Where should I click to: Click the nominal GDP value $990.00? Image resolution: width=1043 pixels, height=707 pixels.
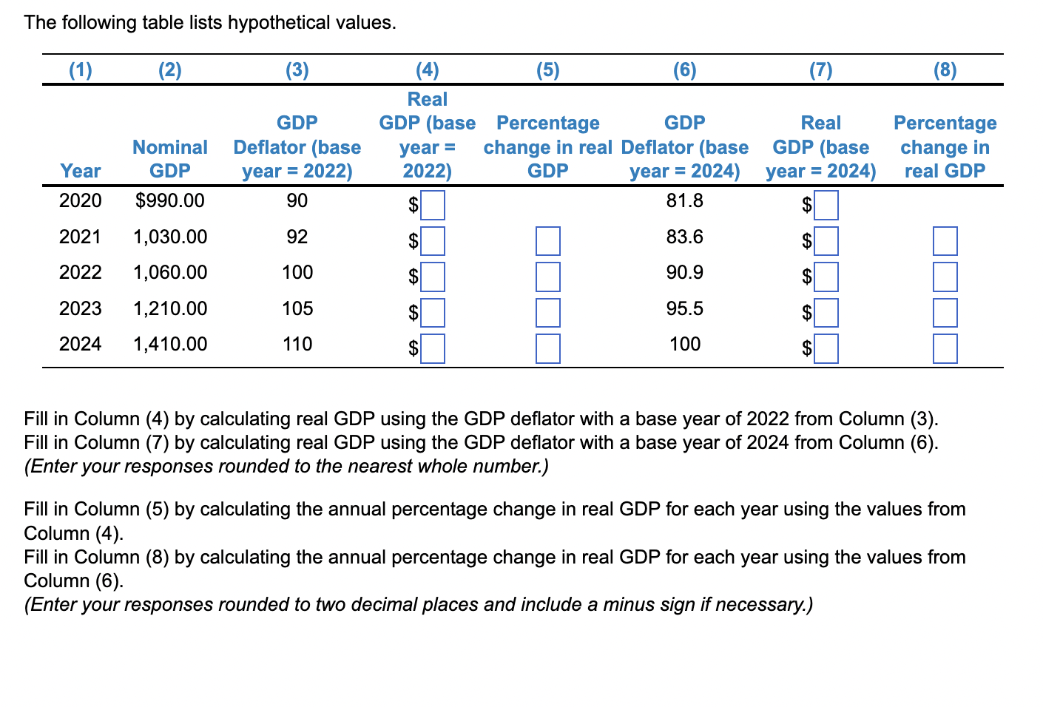[x=169, y=200]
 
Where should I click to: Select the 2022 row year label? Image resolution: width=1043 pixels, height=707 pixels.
[x=80, y=272]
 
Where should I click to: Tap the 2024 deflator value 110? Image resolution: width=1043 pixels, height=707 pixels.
[x=297, y=344]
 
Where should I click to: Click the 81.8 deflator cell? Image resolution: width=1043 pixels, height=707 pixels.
[x=684, y=200]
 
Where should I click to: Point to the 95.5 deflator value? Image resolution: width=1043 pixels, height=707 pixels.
[x=684, y=308]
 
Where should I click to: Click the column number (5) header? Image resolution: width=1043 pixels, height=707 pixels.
[x=547, y=70]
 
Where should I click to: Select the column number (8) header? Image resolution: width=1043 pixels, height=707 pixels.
[x=945, y=70]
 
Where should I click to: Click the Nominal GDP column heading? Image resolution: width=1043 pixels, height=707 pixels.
[x=169, y=159]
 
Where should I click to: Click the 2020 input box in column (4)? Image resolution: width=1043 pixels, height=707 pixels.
[x=433, y=205]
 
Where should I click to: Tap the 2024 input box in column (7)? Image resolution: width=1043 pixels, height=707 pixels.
[x=826, y=348]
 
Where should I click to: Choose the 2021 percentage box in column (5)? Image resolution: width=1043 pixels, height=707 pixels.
[x=547, y=241]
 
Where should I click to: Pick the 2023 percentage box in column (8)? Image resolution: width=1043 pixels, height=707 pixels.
[x=945, y=313]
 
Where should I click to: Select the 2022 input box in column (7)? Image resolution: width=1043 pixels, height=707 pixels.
[x=826, y=277]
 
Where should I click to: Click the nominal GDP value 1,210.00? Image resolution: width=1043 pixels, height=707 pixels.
[x=169, y=308]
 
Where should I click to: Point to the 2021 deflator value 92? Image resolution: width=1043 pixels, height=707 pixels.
[x=297, y=237]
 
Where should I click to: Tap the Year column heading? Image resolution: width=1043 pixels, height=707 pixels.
[x=80, y=171]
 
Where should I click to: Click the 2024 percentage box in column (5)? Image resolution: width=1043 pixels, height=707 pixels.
[x=547, y=348]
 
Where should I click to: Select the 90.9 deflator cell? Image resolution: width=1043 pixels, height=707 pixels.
[x=684, y=272]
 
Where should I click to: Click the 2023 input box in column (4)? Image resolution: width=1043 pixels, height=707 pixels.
[x=433, y=313]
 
